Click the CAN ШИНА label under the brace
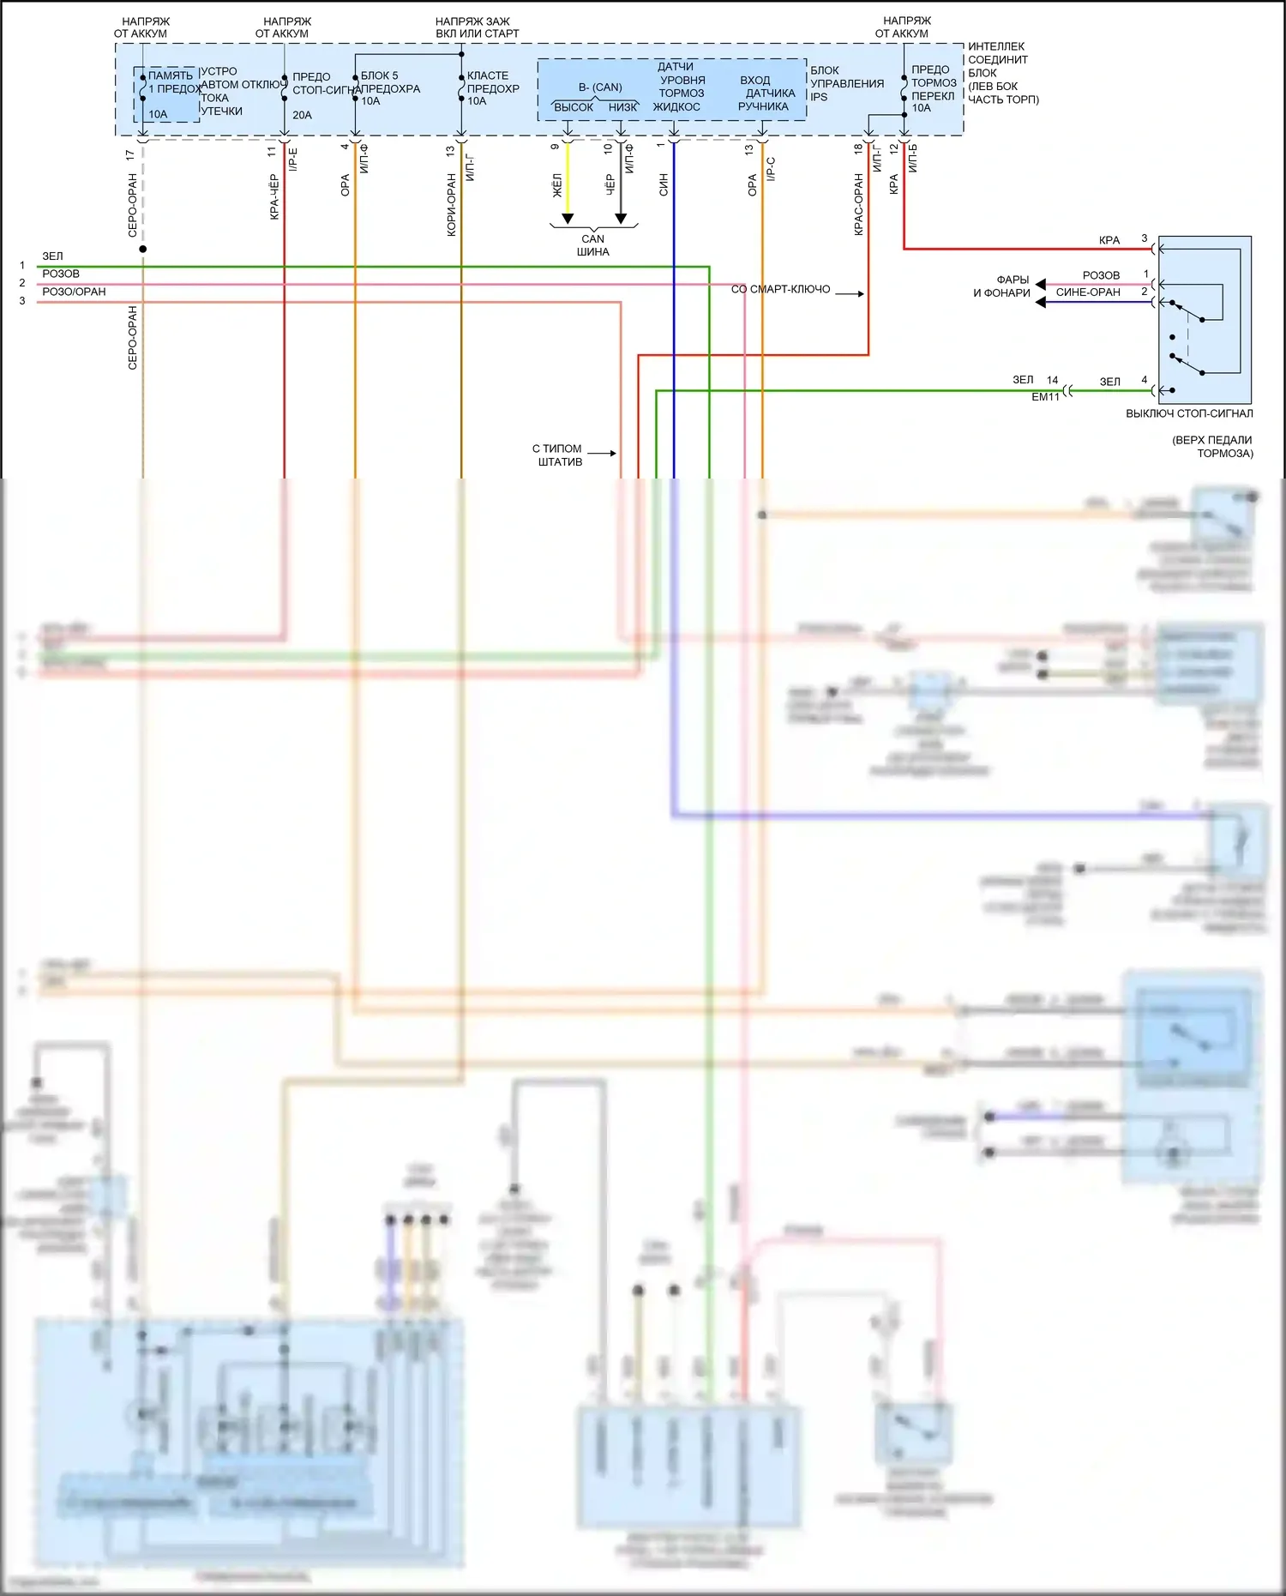coord(592,245)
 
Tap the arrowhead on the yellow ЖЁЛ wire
coord(568,218)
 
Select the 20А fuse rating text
coord(302,115)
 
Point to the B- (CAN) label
coord(600,87)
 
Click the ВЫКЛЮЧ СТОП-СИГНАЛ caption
coord(1189,413)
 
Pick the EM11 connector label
coord(1045,397)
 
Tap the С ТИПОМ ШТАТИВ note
coord(558,455)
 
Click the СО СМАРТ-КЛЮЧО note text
coord(780,290)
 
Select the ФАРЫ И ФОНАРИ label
coord(1002,286)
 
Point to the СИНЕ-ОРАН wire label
coord(1088,292)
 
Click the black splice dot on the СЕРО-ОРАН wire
coord(143,249)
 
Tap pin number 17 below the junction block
coord(129,155)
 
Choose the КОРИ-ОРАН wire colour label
coord(451,205)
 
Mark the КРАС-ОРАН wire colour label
coord(858,205)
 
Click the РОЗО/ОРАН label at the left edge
coord(74,292)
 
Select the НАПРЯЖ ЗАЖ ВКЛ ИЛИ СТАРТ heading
coord(477,27)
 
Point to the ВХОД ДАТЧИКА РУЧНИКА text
coord(762,93)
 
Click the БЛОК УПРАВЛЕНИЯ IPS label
coord(846,83)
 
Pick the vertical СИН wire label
coord(664,184)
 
